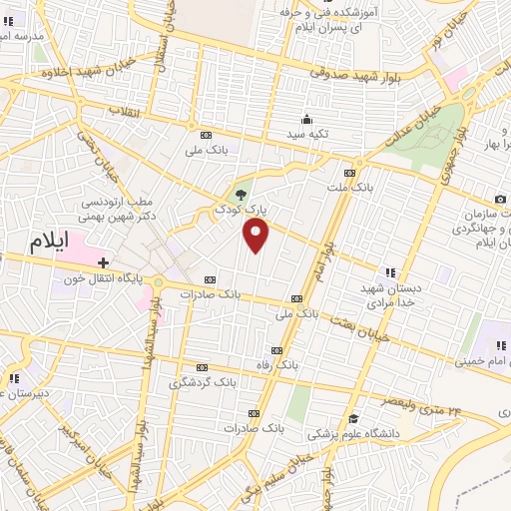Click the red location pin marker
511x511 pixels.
pyautogui.click(x=256, y=236)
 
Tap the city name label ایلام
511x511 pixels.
pyautogui.click(x=52, y=246)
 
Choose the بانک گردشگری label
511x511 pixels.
pyautogui.click(x=203, y=381)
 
